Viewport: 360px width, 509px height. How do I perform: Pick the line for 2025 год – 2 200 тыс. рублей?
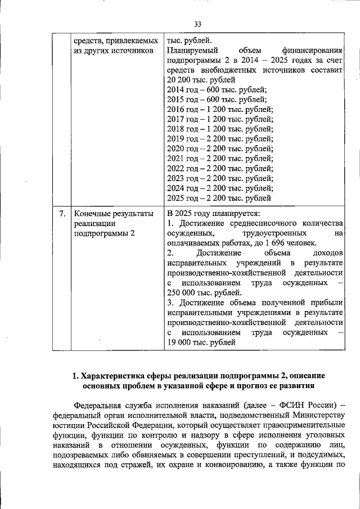point(219,198)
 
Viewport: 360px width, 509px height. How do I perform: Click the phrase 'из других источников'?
point(114,51)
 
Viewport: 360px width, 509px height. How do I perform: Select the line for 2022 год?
point(220,168)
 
